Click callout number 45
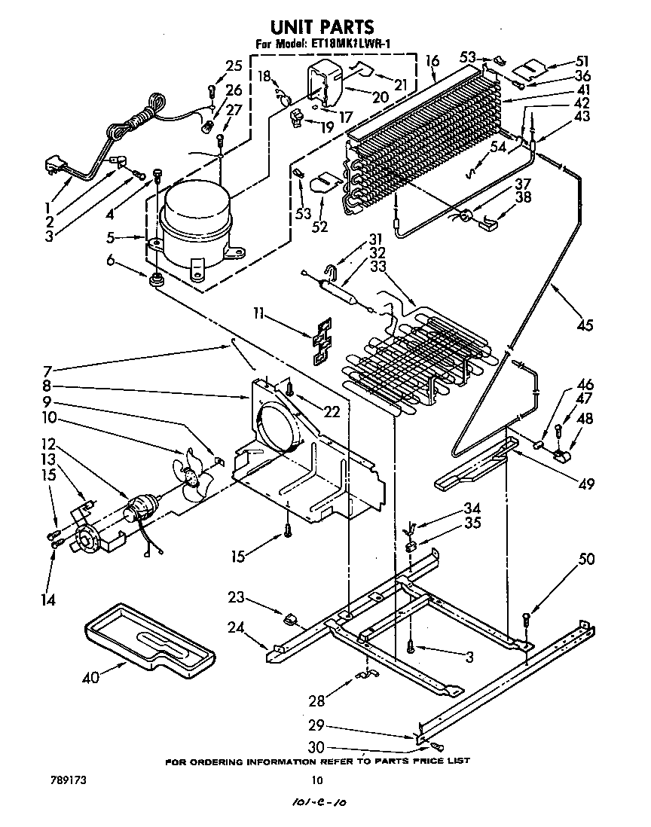coord(585,325)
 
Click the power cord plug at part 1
coord(53,166)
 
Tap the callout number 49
coord(585,484)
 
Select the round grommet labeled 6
coord(157,281)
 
